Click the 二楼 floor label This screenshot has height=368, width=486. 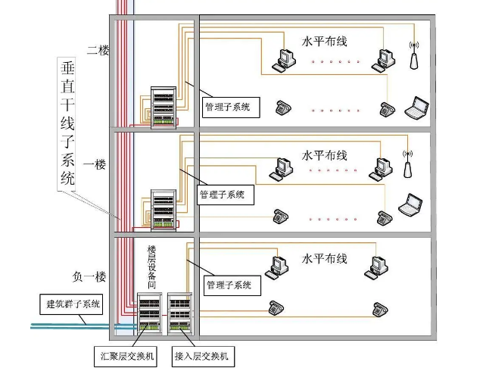98,50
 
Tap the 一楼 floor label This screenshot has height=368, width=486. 95,164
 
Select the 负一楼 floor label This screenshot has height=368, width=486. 89,276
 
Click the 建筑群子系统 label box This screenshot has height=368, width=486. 71,304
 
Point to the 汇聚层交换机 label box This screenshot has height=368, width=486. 126,357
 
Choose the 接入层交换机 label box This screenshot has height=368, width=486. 203,357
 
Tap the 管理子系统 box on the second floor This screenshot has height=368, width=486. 231,108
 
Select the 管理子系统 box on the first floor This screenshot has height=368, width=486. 226,195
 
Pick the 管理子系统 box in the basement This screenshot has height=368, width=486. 232,285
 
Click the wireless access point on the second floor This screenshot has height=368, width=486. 414,56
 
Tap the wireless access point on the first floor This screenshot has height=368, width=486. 407,164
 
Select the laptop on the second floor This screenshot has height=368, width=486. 417,108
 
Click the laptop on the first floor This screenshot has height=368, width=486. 410,205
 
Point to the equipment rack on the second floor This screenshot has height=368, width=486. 164,108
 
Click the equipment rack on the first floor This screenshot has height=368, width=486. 164,210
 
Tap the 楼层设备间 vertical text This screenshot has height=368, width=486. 151,267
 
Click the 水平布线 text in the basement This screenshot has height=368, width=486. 324,259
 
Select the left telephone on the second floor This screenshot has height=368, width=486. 283,108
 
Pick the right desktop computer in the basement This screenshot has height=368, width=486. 376,268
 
